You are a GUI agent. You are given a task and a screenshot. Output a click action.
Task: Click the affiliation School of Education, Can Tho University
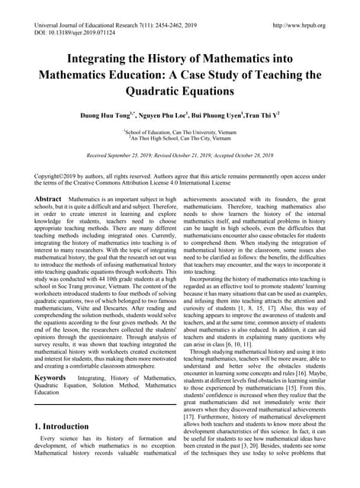(x=178, y=131)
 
